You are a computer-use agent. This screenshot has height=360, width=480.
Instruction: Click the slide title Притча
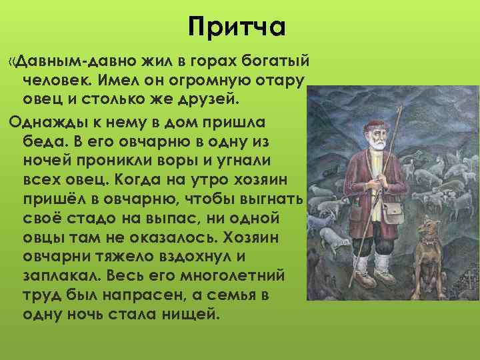tap(237, 27)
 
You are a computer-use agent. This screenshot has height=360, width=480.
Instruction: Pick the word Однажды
tap(44, 123)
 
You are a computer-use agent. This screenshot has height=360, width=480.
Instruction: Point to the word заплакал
tap(55, 275)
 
